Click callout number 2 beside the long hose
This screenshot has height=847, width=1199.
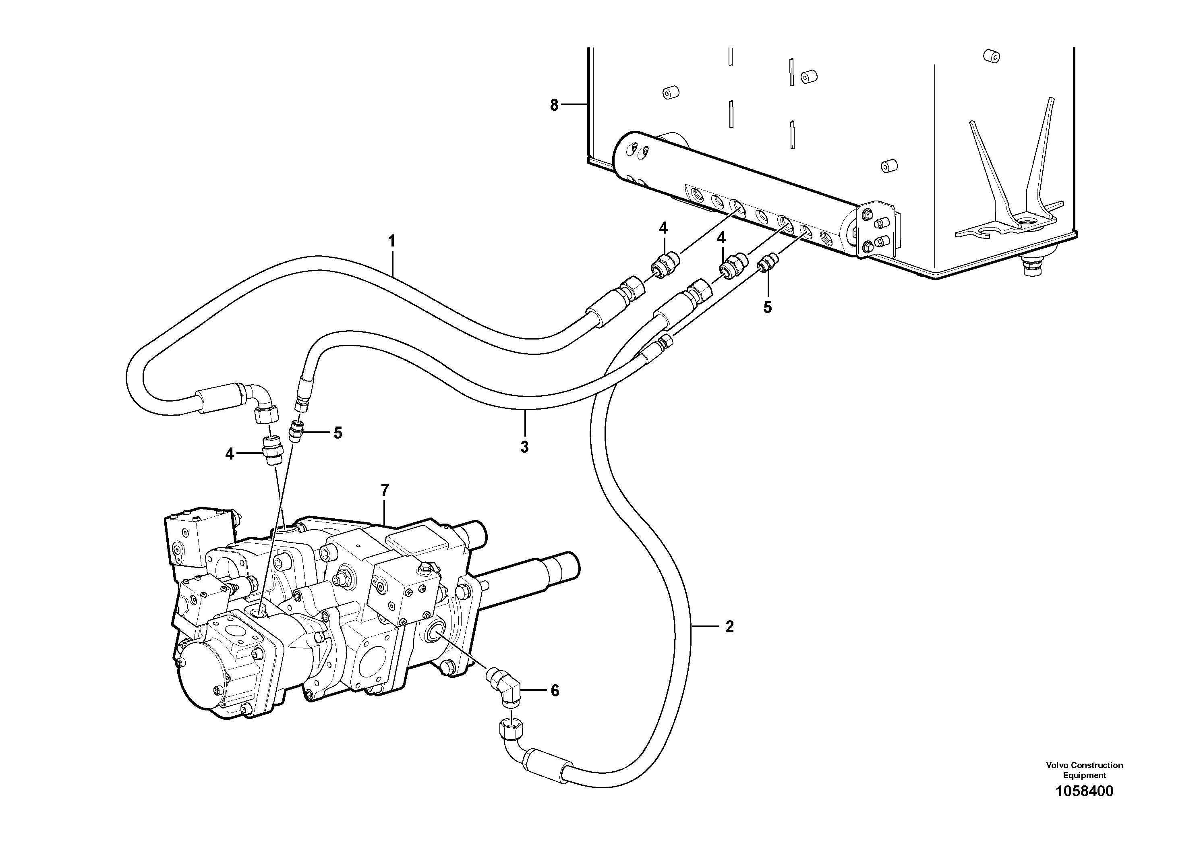[x=729, y=627]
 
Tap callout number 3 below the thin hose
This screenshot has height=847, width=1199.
[x=524, y=447]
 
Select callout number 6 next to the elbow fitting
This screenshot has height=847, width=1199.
[x=555, y=691]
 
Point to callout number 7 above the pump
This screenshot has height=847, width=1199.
[x=385, y=490]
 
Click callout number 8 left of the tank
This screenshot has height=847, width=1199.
[x=554, y=106]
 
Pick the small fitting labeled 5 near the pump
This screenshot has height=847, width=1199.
[x=296, y=432]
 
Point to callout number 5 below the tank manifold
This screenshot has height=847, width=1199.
[x=767, y=308]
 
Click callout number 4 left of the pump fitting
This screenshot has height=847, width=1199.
[x=229, y=454]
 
